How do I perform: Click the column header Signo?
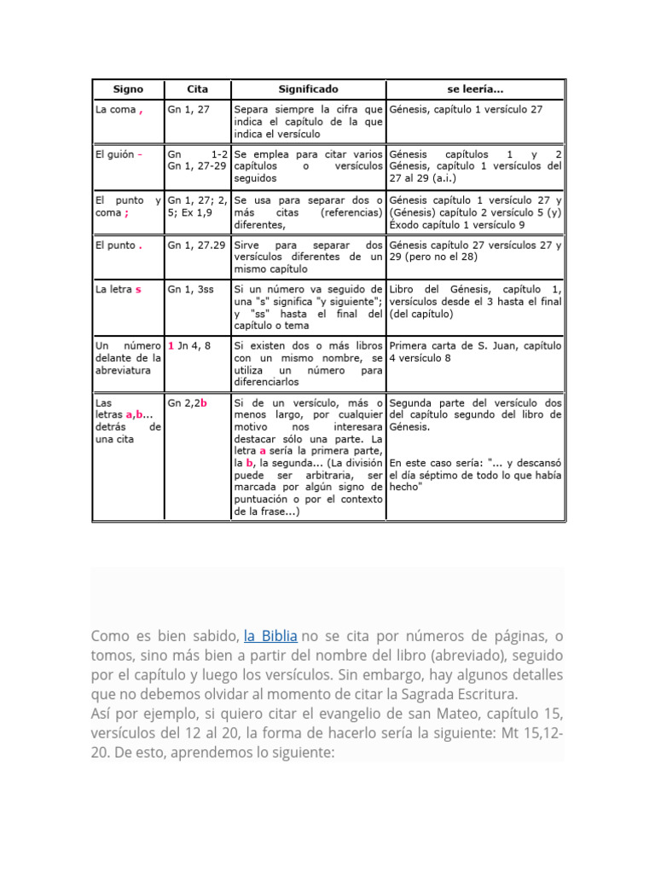click(x=128, y=89)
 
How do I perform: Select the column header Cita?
click(x=196, y=89)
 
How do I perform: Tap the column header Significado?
click(x=308, y=89)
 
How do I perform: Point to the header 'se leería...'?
click(x=475, y=89)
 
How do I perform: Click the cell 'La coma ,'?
click(x=119, y=110)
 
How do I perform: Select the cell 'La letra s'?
click(x=119, y=289)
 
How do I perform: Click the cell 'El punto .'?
click(x=119, y=245)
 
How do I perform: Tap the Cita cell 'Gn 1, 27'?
click(x=188, y=110)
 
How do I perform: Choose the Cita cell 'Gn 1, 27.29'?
click(x=196, y=245)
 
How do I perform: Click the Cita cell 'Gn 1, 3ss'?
click(x=192, y=289)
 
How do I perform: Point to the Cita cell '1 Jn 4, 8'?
click(x=189, y=346)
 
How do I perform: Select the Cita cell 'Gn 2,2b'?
click(x=188, y=402)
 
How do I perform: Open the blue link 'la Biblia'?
click(x=270, y=636)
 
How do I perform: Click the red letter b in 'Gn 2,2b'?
click(x=204, y=402)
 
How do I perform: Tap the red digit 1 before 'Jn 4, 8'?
click(x=171, y=346)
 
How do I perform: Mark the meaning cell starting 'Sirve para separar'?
click(x=308, y=256)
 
